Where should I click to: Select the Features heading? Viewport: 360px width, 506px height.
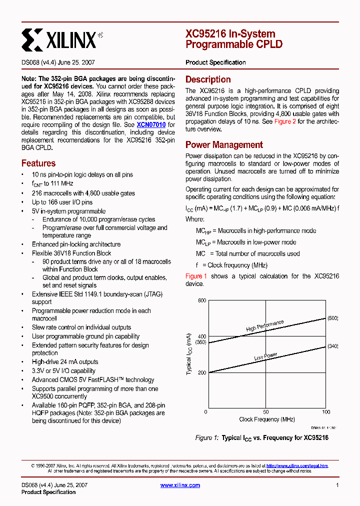pos(38,163)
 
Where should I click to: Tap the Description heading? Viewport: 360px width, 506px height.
pos(208,79)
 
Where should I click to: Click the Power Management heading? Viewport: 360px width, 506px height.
pos(224,145)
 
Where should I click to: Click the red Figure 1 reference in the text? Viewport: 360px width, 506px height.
pos(196,276)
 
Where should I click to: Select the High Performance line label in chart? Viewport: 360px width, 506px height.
pos(264,326)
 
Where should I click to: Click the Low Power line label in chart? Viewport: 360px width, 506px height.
pos(265,357)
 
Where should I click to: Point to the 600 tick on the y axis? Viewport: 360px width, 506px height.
pos(201,300)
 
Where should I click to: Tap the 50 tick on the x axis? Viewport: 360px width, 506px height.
pos(266,412)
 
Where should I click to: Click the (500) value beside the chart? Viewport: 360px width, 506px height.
pos(333,318)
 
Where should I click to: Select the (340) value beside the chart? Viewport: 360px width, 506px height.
pos(333,346)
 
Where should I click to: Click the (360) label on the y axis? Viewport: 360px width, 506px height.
pos(200,342)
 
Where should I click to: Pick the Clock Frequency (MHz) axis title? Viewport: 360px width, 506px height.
pos(266,419)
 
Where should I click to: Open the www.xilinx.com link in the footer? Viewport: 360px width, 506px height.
pos(180,485)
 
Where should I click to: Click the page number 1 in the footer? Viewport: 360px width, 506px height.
pos(337,485)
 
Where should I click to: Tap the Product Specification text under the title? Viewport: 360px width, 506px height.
pos(215,62)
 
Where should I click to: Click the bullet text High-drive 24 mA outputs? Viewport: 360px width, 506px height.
pos(65,362)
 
